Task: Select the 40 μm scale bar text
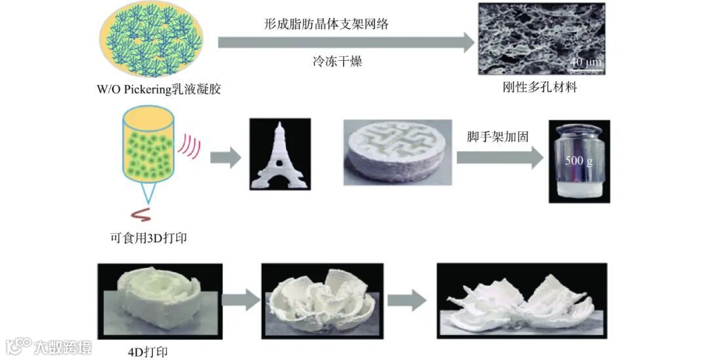click(585, 62)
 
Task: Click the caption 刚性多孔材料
click(540, 87)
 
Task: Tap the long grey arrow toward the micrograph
click(346, 43)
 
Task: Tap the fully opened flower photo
click(521, 300)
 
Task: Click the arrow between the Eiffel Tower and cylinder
click(225, 158)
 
